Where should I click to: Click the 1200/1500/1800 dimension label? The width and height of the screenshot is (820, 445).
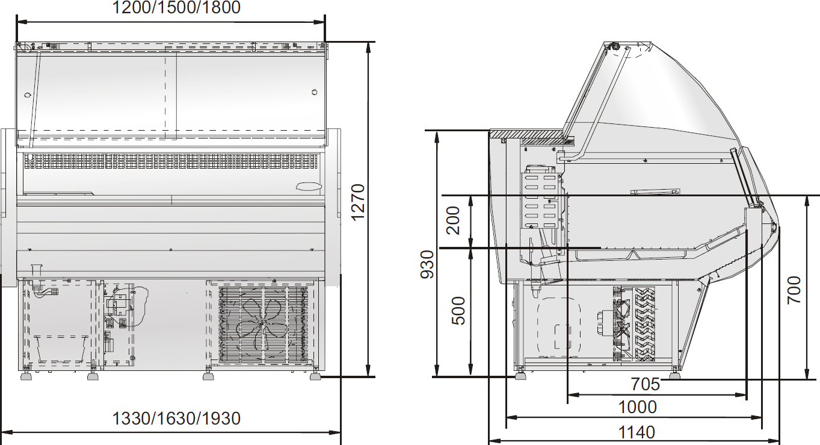click(x=176, y=7)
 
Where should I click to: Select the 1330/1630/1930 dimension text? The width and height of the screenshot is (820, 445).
click(x=176, y=419)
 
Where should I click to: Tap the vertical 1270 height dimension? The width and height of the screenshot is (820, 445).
click(x=357, y=202)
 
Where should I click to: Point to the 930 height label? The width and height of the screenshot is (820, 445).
click(x=427, y=264)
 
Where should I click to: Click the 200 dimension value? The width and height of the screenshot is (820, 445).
click(x=452, y=220)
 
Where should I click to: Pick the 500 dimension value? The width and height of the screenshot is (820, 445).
click(x=458, y=311)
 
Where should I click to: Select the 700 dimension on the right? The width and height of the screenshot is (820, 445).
click(x=794, y=290)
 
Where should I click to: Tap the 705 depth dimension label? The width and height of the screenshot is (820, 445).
click(x=645, y=384)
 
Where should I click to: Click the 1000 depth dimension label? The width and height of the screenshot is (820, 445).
click(x=637, y=407)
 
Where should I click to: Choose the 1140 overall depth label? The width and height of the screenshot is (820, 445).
click(x=637, y=432)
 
